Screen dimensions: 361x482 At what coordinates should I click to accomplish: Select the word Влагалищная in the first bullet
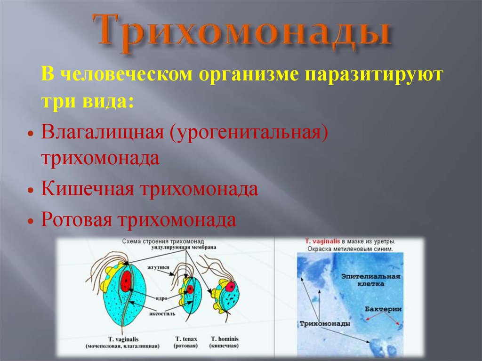(101, 133)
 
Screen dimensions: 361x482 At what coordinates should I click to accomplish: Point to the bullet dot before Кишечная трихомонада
(30, 191)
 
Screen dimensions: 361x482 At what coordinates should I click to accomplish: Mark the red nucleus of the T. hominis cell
(230, 287)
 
